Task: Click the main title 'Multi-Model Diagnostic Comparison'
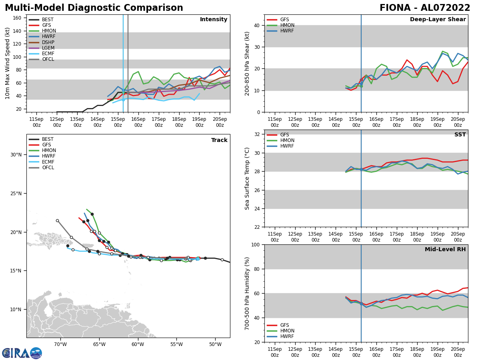[94, 8]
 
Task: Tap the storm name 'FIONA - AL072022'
[425, 8]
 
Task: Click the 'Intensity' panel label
[214, 20]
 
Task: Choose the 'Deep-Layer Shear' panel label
[438, 20]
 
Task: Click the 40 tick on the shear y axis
[256, 25]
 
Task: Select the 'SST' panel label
[460, 135]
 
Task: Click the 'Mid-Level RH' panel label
[445, 250]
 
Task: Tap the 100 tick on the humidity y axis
[255, 244]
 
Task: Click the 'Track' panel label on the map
[219, 140]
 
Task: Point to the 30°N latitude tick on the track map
[16, 155]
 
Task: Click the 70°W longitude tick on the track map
[60, 344]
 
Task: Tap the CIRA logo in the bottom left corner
[22, 353]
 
